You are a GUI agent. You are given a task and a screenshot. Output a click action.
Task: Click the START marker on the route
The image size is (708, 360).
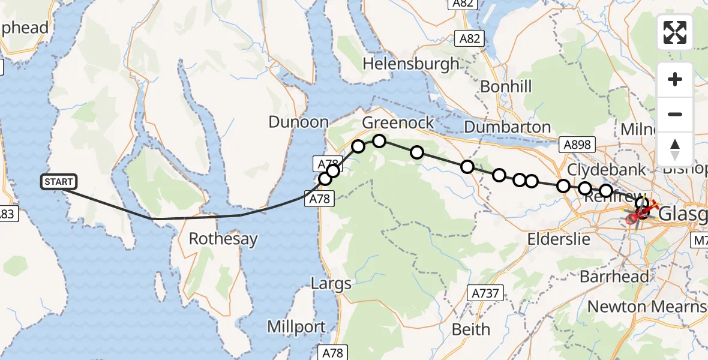59,181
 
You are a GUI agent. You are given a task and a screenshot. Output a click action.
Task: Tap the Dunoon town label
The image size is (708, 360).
298,122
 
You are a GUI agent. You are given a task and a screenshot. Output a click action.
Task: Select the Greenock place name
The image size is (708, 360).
398,123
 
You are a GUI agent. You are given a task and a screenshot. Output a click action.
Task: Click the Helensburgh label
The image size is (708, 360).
411,63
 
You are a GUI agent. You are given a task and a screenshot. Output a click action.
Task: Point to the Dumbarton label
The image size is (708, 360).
508,127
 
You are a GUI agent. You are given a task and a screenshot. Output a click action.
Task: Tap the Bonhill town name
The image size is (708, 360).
506,86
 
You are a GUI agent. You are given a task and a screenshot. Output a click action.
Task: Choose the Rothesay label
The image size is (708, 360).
223,239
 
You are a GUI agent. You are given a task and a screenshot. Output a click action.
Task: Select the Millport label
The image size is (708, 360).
297,328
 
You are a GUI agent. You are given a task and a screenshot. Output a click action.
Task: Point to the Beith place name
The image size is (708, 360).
471,329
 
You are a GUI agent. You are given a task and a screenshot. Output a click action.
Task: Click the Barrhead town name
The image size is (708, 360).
614,277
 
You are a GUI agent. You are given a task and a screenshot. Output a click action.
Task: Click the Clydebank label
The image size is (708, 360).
607,169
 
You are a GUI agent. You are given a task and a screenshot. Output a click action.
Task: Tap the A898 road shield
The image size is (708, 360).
577,144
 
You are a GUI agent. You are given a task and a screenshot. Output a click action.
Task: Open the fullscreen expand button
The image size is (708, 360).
675,32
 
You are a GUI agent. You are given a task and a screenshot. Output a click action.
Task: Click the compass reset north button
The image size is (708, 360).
675,148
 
